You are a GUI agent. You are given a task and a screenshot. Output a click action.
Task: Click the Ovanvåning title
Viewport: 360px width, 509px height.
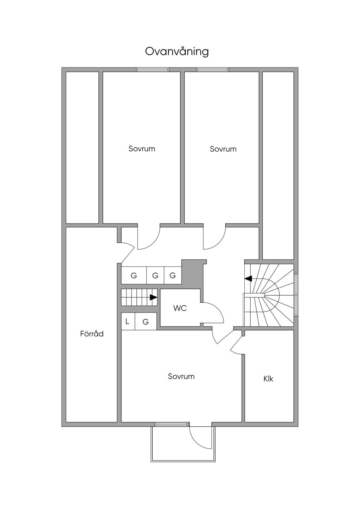177,52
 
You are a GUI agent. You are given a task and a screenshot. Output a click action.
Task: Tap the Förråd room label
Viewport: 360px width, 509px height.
92,334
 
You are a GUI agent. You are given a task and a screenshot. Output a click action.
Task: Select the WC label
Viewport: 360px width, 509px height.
180,308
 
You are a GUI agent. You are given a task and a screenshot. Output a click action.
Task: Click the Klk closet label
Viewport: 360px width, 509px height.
268,379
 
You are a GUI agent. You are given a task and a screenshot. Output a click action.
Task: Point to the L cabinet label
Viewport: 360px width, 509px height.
127,321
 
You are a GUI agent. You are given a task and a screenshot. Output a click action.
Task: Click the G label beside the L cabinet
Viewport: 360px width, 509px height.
146,322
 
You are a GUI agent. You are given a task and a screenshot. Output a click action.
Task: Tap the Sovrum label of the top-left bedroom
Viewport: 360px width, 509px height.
142,148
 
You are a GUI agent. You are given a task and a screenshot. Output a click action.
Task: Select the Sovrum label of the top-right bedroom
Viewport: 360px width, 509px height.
223,149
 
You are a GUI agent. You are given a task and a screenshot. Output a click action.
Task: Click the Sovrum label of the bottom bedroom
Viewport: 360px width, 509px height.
181,376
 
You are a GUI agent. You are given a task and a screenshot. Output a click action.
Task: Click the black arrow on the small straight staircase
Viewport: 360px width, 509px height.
153,297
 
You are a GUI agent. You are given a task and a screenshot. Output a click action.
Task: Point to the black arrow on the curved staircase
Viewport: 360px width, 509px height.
249,278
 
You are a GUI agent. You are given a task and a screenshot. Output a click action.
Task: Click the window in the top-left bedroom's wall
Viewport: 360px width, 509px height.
153,70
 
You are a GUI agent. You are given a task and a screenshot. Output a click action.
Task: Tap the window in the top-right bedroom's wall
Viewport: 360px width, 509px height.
212,70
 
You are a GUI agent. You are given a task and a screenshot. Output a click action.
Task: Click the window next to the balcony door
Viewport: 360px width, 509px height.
171,424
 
